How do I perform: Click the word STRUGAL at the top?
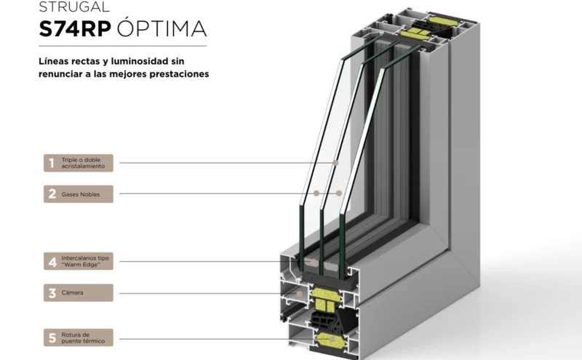pos(74,7)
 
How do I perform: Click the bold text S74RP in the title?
pos(75,28)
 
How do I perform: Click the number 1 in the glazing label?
pos(51,163)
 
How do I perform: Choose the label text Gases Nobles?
pos(81,194)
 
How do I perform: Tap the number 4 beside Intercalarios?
pos(52,262)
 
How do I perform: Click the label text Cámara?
pos(72,292)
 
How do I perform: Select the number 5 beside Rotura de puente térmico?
pos(52,337)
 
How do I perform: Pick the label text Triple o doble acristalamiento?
pos(83,163)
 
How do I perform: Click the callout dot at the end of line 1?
pos(335,163)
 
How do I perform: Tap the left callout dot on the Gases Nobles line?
pos(316,193)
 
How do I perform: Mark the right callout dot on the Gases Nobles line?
pos(338,193)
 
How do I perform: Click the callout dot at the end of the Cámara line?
pos(299,294)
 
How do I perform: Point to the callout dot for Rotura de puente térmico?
pos(332,339)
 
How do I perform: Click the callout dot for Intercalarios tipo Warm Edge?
pos(314,262)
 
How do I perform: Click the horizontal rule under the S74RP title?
pos(122,46)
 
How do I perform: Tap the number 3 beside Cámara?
pos(52,293)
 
